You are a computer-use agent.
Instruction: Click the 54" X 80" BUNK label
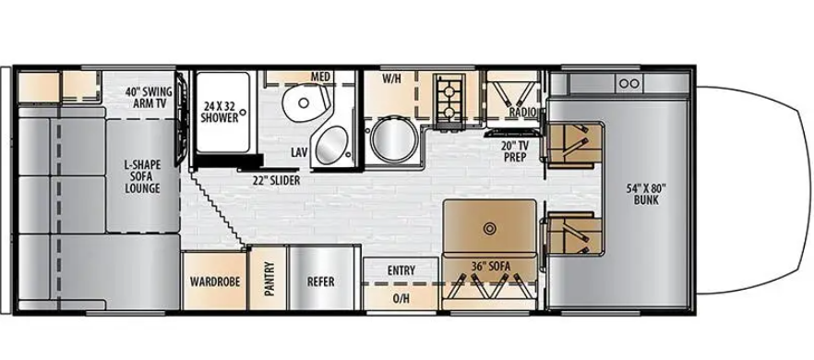pos(644,196)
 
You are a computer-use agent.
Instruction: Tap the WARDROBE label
pos(215,282)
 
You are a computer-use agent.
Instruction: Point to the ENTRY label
pos(401,270)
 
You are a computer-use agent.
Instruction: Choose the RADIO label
pos(522,113)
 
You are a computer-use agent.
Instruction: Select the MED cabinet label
pos(320,76)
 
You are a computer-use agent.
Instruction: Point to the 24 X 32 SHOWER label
pos(221,112)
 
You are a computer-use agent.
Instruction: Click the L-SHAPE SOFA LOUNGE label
pos(142,176)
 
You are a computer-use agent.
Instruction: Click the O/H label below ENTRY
pos(401,298)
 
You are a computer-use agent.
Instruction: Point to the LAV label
pos(298,150)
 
